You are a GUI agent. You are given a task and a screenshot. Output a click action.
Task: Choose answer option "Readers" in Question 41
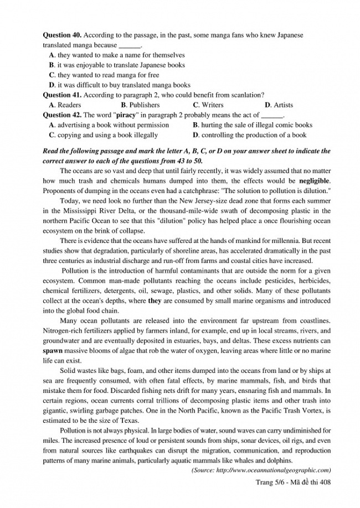(x=69, y=105)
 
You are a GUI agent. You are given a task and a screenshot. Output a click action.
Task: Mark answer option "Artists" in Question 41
(x=283, y=105)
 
